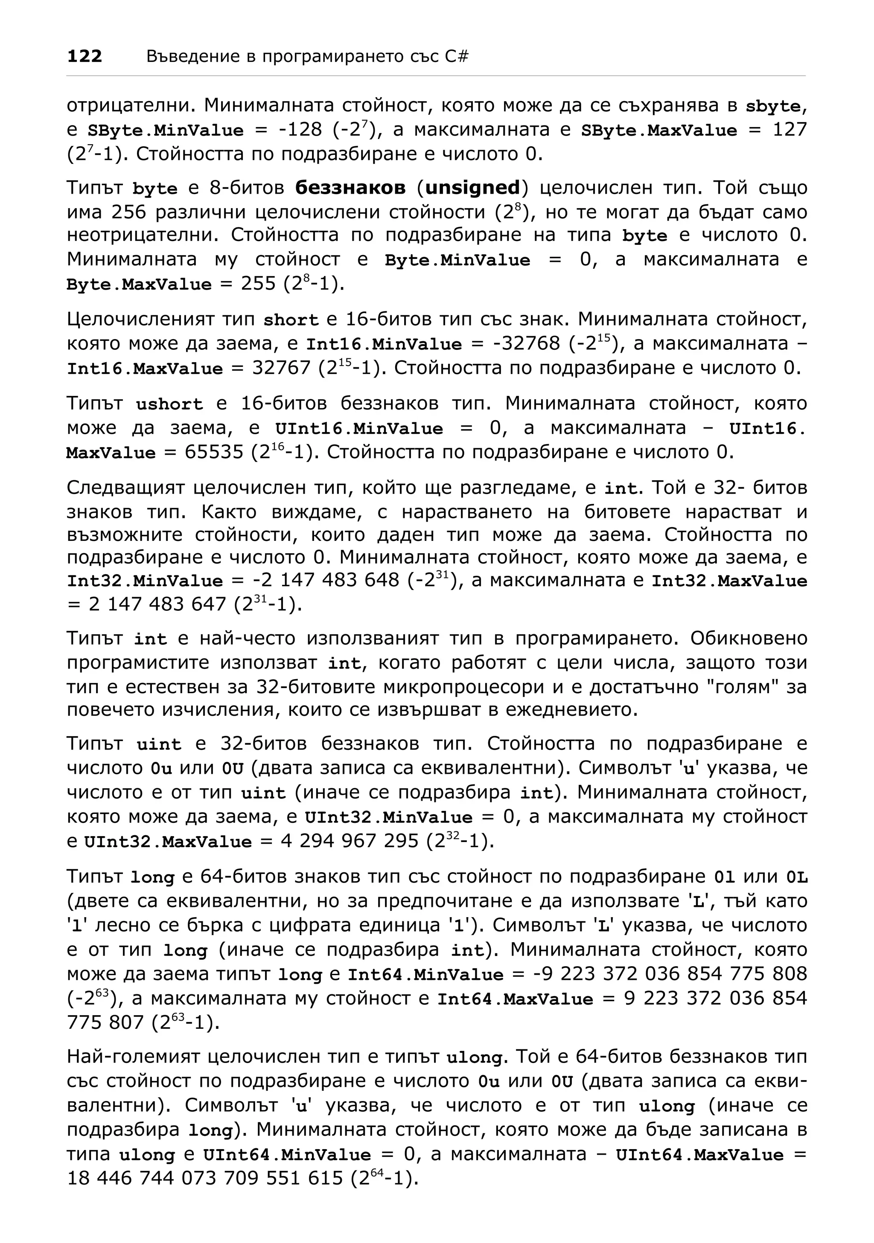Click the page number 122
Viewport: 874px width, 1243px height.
pos(84,56)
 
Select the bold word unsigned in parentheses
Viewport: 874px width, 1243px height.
pos(473,188)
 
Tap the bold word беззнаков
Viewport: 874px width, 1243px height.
pos(350,188)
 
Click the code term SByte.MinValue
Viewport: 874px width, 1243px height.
pos(165,131)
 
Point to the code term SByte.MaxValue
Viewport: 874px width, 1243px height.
pos(658,131)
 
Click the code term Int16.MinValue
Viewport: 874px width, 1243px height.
pos(384,344)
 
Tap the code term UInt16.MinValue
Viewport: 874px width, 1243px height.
pos(358,429)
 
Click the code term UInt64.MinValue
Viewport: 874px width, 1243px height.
pos(286,1155)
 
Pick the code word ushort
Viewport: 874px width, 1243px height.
pos(169,404)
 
